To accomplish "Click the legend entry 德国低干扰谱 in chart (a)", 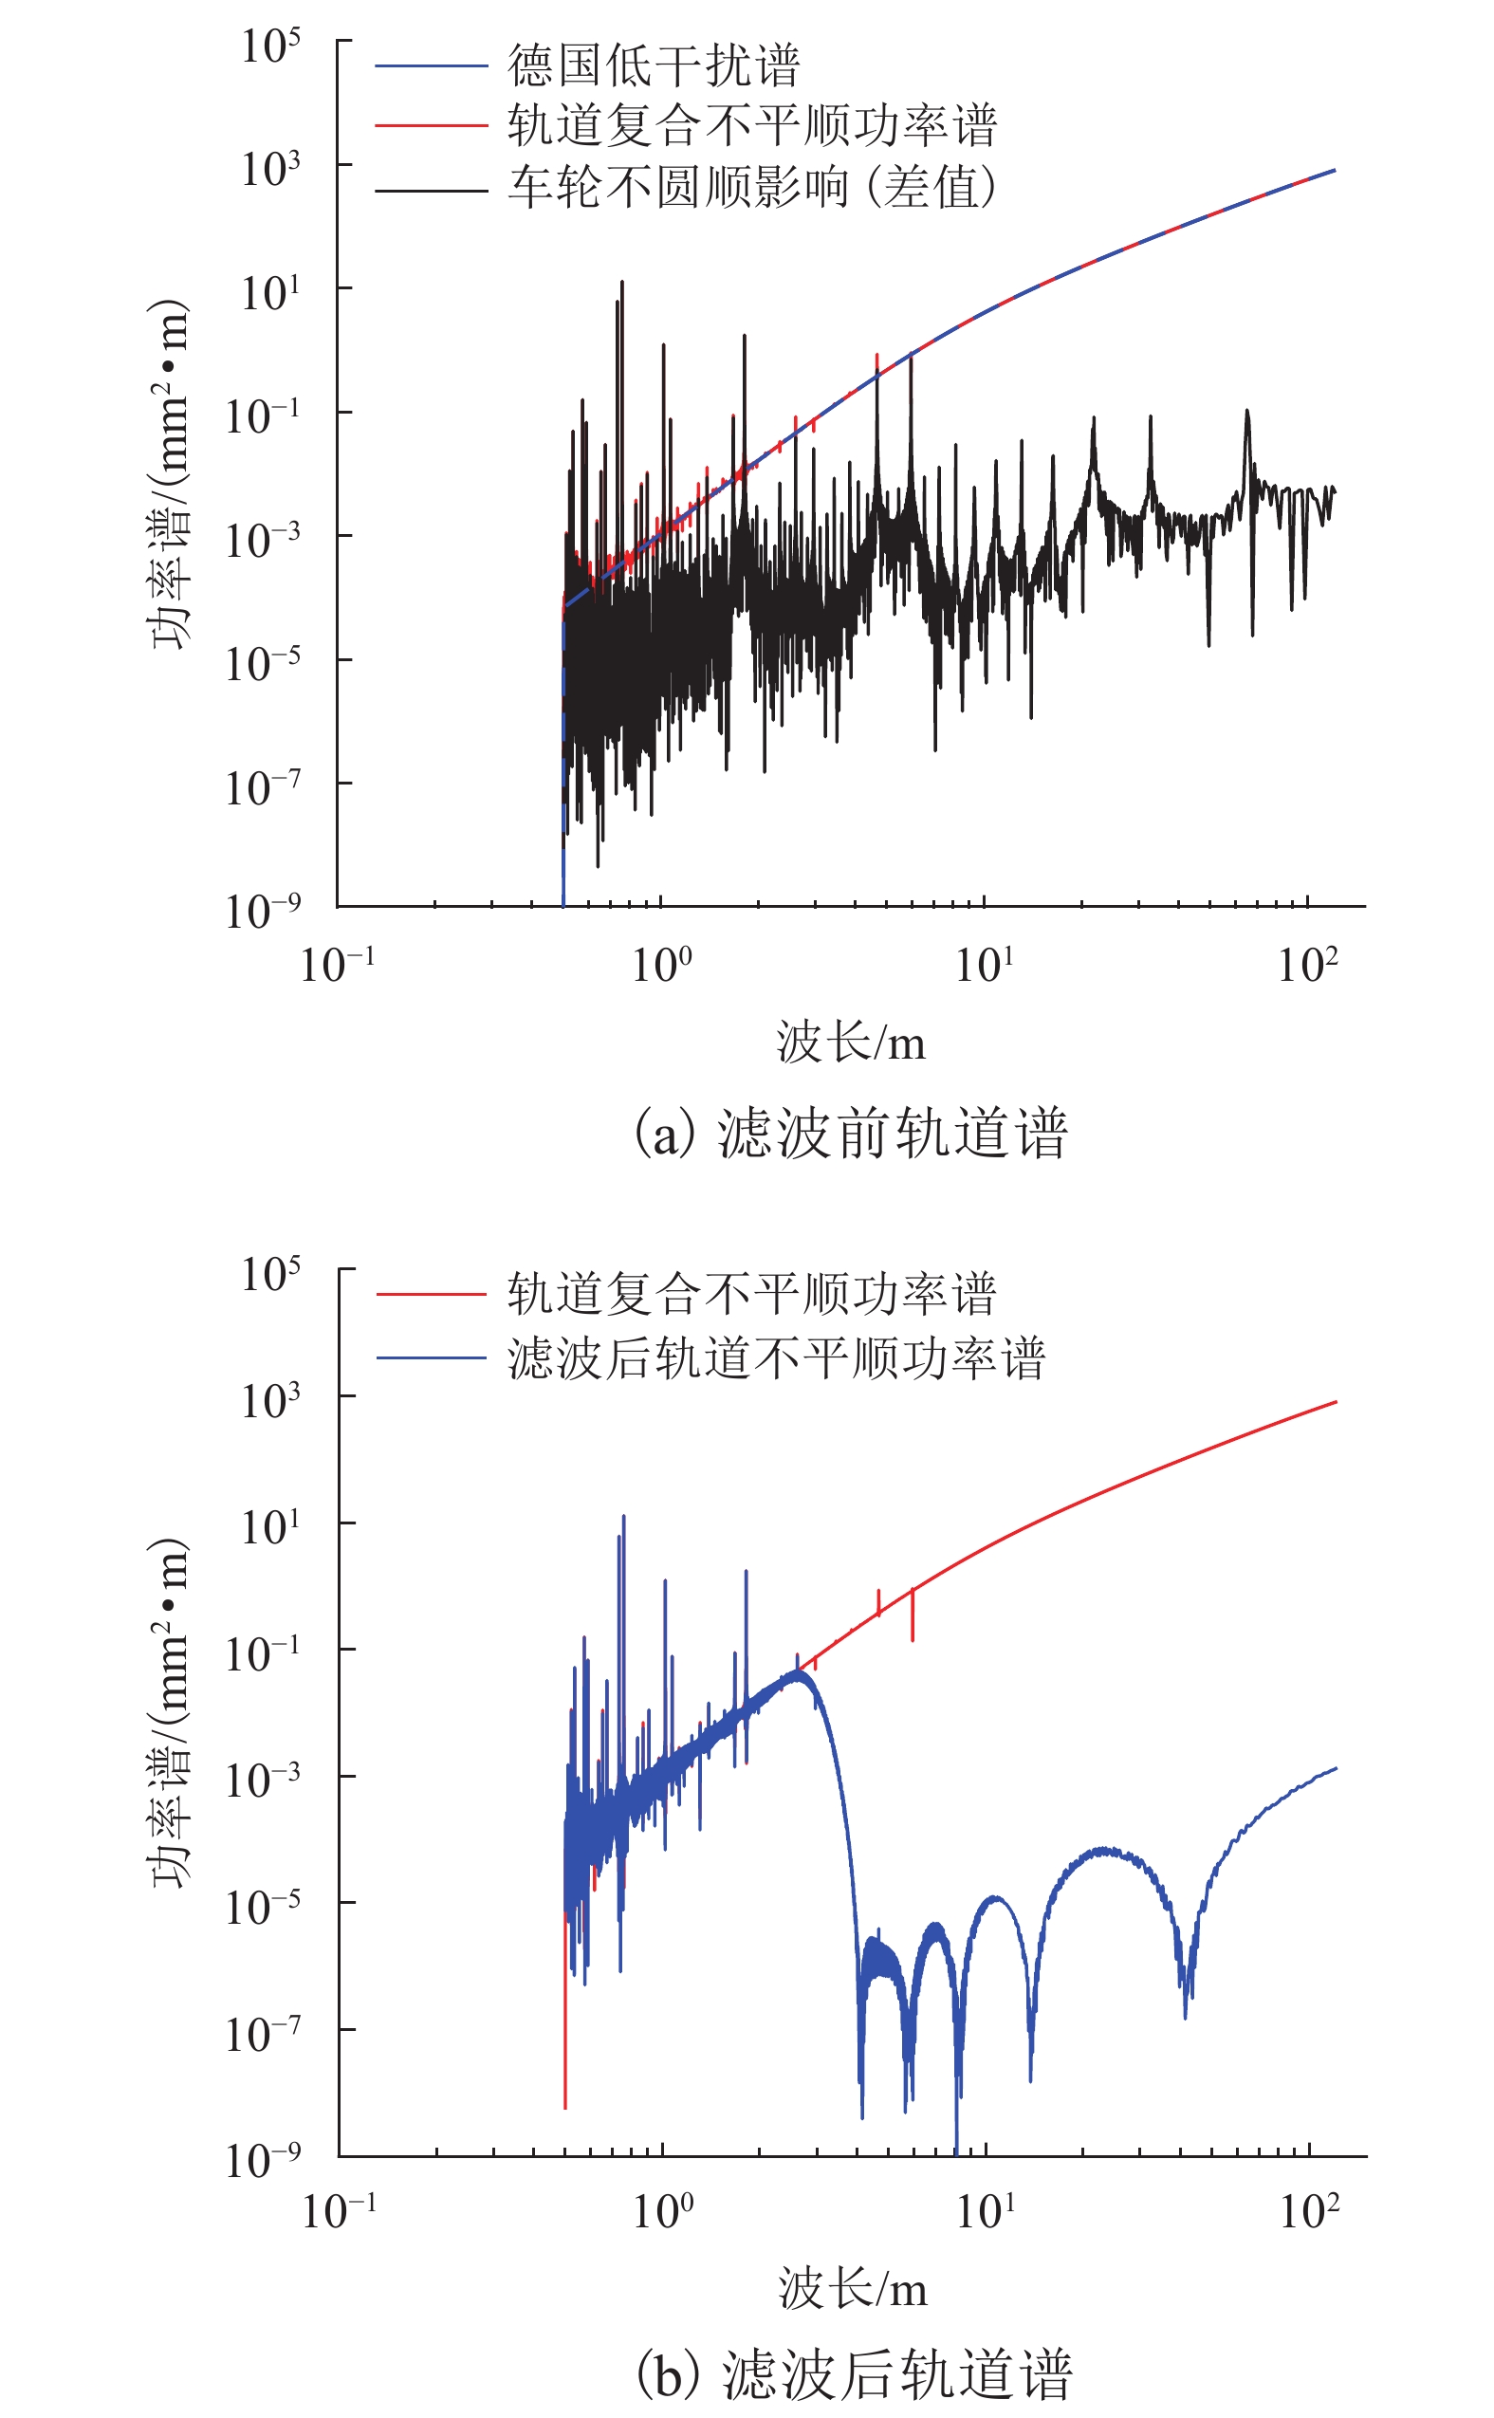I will coord(654,66).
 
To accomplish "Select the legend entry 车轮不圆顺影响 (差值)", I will coord(752,188).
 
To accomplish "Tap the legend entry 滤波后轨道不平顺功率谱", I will coord(776,1357).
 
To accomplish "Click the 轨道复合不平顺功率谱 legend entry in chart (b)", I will coord(752,1294).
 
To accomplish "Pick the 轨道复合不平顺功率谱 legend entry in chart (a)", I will coord(752,126).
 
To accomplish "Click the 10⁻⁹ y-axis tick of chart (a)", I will coord(263,911).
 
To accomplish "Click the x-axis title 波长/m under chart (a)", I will coord(851,1043).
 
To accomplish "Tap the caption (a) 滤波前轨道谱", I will coord(851,1133).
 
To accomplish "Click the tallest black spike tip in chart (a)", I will coord(622,283).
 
